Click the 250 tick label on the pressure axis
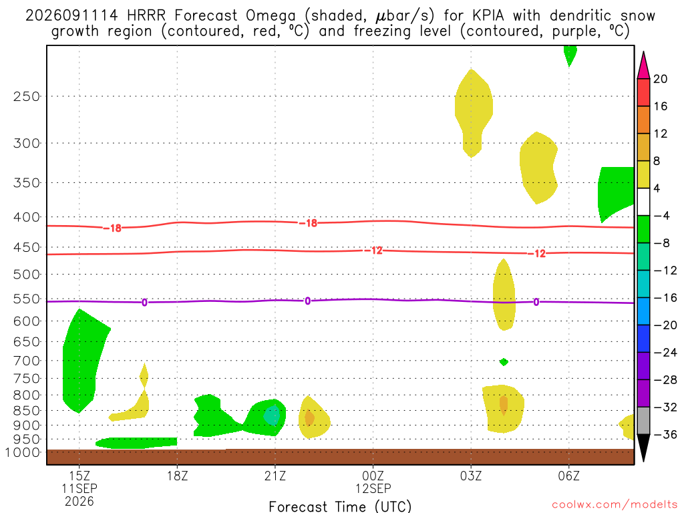(27, 96)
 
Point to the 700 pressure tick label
(27, 361)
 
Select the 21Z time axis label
(275, 476)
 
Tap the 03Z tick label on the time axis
(471, 476)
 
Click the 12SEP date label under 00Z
(373, 488)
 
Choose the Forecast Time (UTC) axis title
(340, 506)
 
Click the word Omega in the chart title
(271, 16)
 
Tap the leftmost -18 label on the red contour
(112, 228)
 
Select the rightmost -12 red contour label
(537, 253)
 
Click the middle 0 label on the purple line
(307, 301)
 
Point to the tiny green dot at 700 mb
(504, 361)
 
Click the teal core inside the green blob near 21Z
(272, 415)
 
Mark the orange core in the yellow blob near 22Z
(309, 418)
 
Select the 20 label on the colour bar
(661, 79)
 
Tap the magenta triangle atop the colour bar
(643, 66)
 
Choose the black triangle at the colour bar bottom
(643, 447)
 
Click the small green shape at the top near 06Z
(570, 54)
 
